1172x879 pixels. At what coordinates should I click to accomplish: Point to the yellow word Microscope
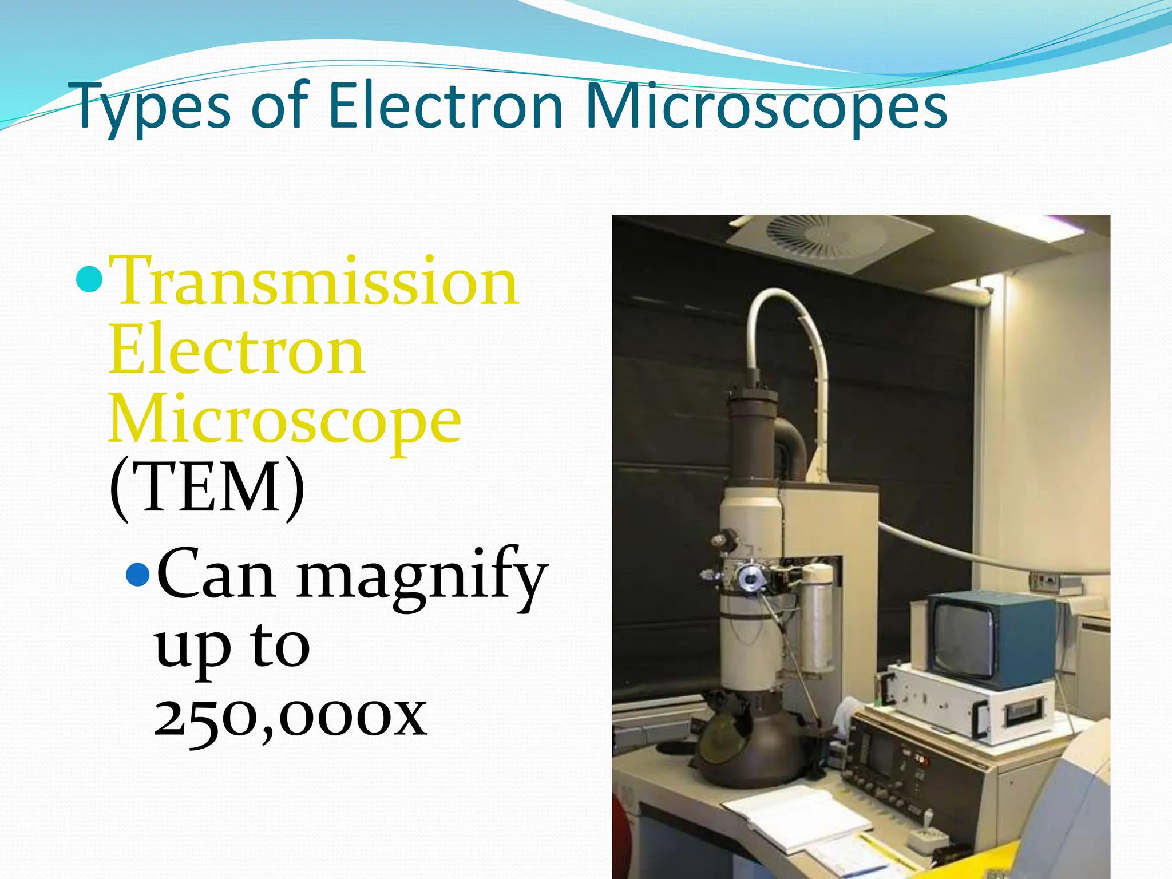284,420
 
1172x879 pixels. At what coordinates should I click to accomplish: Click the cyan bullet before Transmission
89,279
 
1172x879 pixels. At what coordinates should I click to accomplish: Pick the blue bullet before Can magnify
138,575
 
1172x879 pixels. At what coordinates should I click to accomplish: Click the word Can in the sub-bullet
215,575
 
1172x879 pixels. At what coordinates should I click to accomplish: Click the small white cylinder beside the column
817,618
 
